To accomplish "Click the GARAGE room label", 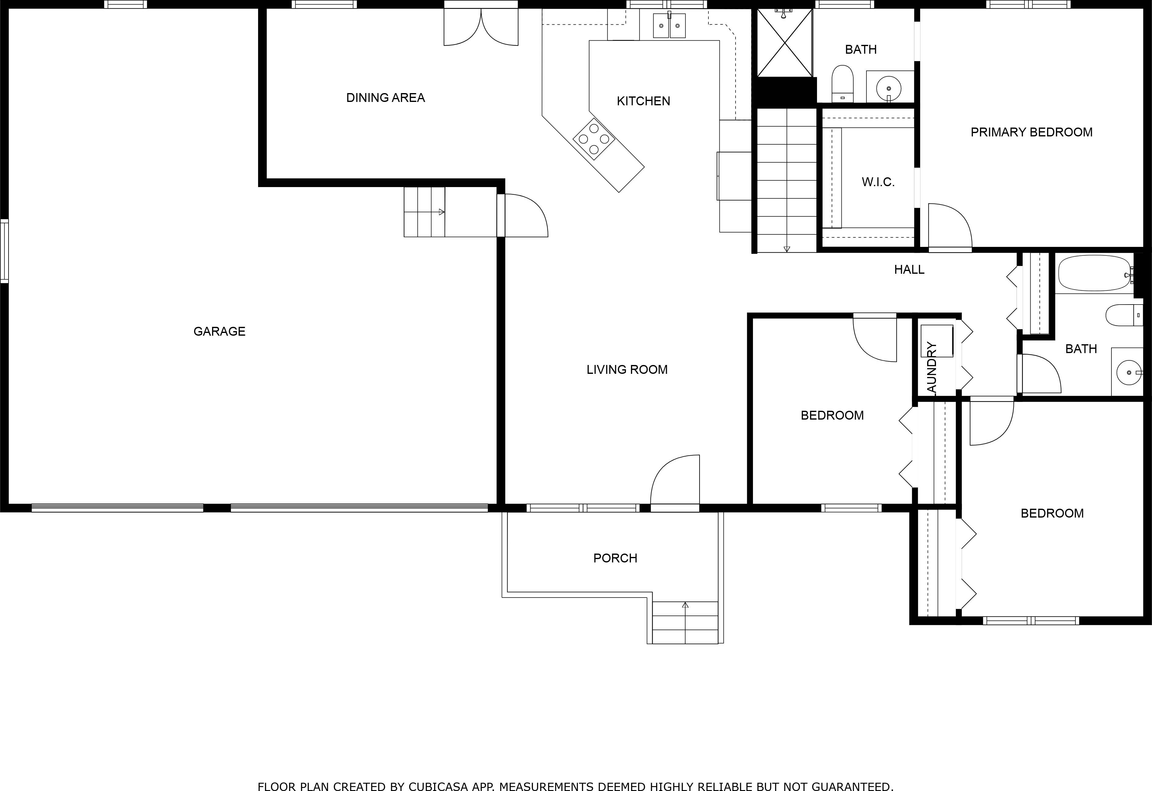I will (219, 331).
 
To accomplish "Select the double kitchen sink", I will (669, 26).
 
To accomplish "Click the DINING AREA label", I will (385, 98).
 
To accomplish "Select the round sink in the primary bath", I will (889, 88).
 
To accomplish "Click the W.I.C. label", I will (878, 182).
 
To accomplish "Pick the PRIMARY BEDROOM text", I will (1031, 132).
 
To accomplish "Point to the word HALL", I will (909, 270).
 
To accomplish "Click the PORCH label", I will (615, 558).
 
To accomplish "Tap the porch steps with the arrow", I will (685, 622).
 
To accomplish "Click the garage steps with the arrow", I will (424, 212).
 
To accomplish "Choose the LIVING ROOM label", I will (627, 370).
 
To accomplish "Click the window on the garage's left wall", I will (5, 251).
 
